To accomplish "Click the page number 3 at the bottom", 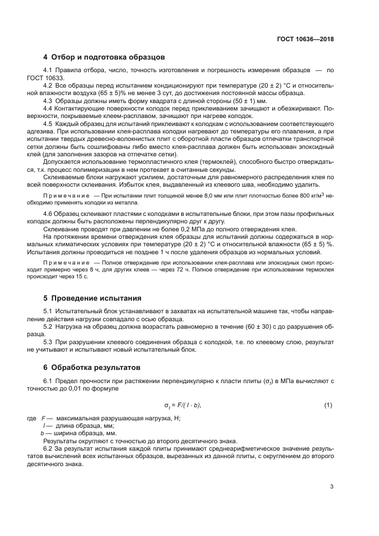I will pyautogui.click(x=331, y=487).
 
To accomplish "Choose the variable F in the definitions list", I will pyautogui.click(x=43, y=418).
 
